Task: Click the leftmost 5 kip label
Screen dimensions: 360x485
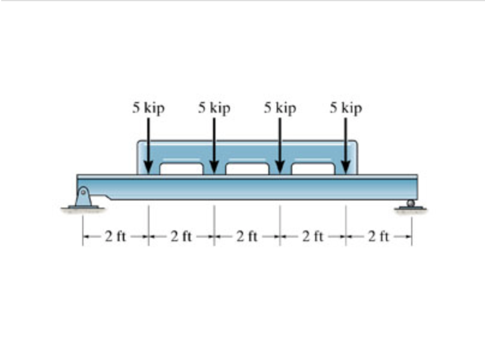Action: pyautogui.click(x=148, y=109)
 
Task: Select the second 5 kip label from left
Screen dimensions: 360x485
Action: pyautogui.click(x=214, y=109)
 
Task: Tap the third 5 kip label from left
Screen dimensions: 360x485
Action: pyautogui.click(x=280, y=109)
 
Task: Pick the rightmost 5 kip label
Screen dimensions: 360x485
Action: pyautogui.click(x=346, y=109)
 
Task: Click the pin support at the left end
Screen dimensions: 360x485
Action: pyautogui.click(x=83, y=196)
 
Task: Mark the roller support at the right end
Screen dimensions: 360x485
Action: pyautogui.click(x=411, y=203)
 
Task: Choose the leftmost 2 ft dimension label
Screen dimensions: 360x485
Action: pyautogui.click(x=115, y=236)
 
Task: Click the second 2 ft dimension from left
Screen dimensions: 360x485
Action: pyautogui.click(x=181, y=236)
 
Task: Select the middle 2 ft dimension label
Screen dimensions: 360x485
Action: pyautogui.click(x=247, y=236)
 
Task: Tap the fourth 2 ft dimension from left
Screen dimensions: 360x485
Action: pyautogui.click(x=313, y=236)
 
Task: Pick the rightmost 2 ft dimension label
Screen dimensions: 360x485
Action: pyautogui.click(x=379, y=236)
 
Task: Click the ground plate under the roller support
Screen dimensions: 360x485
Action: pyautogui.click(x=411, y=209)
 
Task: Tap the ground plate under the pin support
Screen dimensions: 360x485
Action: pyautogui.click(x=83, y=208)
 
